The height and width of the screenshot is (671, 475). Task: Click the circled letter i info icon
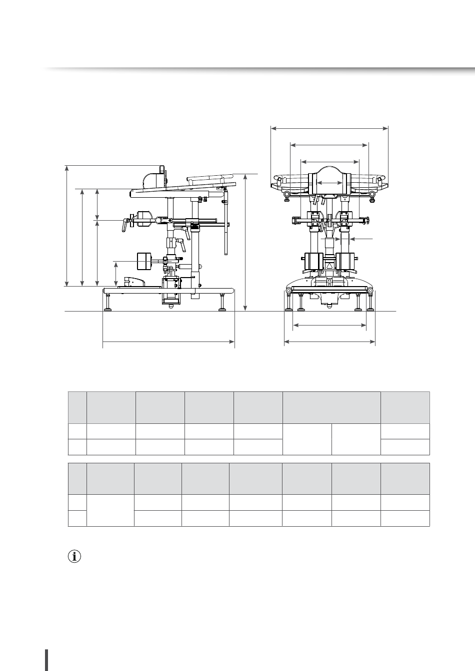point(74,557)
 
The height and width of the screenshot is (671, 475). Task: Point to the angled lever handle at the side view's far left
point(124,225)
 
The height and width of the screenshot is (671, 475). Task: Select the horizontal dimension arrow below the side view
point(168,342)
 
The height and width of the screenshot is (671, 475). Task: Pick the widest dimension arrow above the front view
point(329,128)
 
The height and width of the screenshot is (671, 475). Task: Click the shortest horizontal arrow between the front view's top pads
point(330,183)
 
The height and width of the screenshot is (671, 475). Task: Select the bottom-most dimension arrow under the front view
point(329,342)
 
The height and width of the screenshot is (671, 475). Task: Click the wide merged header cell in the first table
point(331,407)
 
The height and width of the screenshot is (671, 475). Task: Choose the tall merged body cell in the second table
point(110,510)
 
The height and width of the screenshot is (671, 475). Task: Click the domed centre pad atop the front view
point(330,172)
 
